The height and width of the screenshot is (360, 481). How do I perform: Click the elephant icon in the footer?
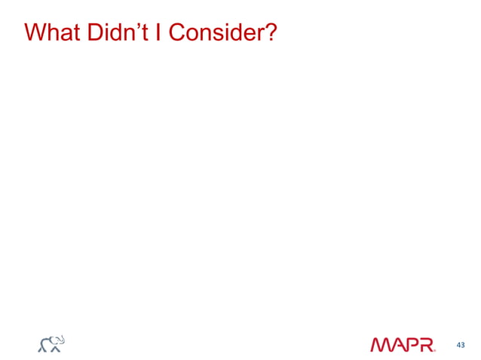52,343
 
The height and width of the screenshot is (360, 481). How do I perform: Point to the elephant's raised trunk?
61,339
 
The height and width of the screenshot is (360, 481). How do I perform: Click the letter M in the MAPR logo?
381,345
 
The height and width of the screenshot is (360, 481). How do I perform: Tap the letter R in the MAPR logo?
427,345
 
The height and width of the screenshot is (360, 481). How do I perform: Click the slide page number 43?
460,345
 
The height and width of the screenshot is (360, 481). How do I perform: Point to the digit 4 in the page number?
458,345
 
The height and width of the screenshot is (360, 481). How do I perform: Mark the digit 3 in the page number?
462,345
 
